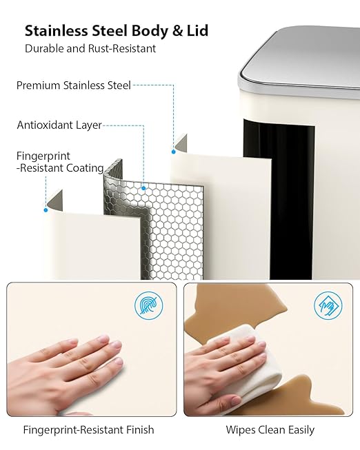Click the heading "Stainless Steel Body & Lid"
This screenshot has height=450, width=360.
coord(117,31)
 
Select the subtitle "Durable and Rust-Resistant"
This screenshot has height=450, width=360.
coord(90,48)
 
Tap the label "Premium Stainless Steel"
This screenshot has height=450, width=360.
coord(74,85)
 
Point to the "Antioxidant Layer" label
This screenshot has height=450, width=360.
coord(59,125)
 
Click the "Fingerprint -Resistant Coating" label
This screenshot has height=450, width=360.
coord(60,162)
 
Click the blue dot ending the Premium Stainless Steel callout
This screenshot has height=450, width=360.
coord(174,152)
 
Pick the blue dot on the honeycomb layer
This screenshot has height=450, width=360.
coord(143,188)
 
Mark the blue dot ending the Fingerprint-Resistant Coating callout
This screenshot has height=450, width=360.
coord(46,210)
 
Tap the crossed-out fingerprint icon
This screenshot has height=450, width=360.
coord(149,306)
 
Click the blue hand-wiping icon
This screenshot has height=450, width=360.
coord(328,306)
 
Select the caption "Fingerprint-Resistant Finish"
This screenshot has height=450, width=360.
coord(88,430)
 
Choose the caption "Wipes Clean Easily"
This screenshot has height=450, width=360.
coord(270,430)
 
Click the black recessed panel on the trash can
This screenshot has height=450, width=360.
coord(278,198)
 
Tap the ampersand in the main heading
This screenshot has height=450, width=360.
coord(177,31)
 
